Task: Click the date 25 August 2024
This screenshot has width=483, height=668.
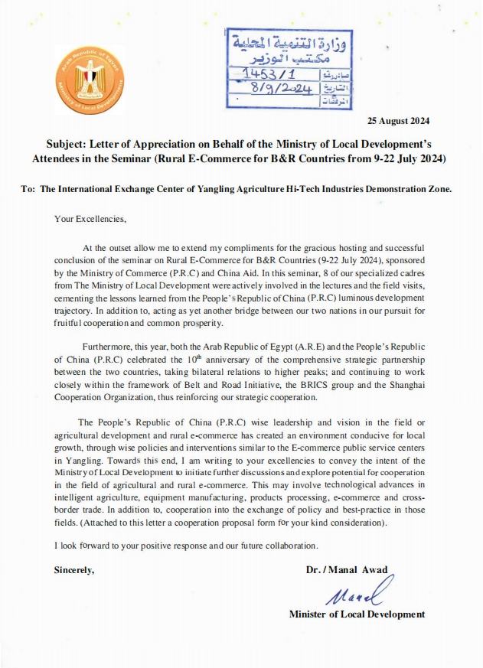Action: pyautogui.click(x=399, y=121)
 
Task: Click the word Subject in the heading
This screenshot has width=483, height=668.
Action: pyautogui.click(x=56, y=142)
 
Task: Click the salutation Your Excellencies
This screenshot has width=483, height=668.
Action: pyautogui.click(x=90, y=219)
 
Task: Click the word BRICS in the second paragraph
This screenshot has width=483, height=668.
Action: pyautogui.click(x=331, y=385)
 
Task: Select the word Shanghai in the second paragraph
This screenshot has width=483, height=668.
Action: pyautogui.click(x=404, y=385)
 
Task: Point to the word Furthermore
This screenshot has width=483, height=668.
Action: pyautogui.click(x=107, y=345)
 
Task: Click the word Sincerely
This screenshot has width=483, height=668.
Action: pyautogui.click(x=74, y=570)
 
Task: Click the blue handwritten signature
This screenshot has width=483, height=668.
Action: pyautogui.click(x=357, y=593)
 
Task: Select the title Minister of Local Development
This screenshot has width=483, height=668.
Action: pyautogui.click(x=357, y=614)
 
